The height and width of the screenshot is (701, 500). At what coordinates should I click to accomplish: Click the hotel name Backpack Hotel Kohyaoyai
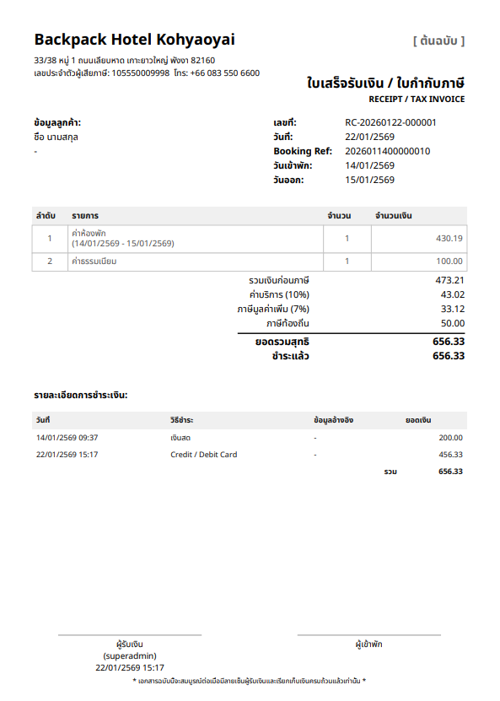pos(134,40)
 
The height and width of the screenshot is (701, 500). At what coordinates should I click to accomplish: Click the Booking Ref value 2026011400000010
pos(388,151)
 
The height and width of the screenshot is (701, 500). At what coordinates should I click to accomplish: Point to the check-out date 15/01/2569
pos(369,180)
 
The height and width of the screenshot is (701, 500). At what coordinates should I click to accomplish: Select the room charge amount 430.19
pos(449,238)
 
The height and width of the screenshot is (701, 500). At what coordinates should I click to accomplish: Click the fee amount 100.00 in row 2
pos(449,262)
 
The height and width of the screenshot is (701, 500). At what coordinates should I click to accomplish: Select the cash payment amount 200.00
pos(449,438)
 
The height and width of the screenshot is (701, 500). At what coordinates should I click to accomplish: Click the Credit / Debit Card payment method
pos(203,455)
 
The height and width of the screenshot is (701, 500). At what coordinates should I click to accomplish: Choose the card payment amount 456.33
pos(449,455)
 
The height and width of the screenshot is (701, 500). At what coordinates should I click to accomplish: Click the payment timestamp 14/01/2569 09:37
pos(67,438)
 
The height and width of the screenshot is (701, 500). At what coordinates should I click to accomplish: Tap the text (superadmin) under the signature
pos(130,655)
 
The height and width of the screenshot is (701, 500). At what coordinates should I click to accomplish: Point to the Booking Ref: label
pos(303,151)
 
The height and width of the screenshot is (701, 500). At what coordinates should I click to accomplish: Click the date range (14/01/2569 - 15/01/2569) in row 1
pos(122,243)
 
